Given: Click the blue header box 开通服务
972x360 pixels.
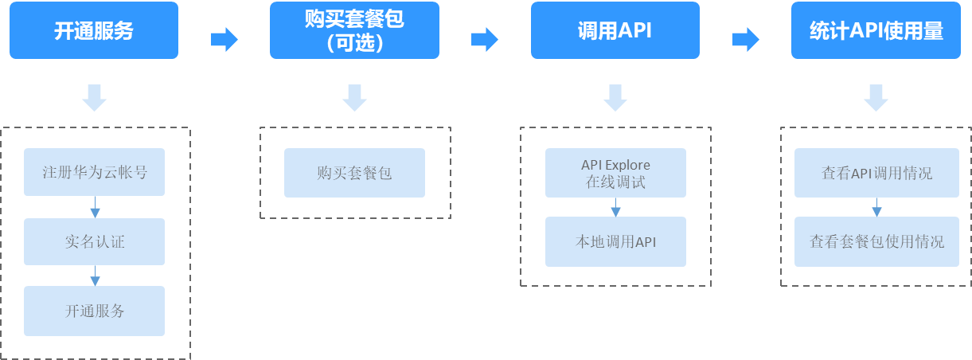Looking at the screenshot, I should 94,31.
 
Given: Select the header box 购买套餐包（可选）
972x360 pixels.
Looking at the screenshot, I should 354,31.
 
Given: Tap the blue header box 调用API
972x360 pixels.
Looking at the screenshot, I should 615,31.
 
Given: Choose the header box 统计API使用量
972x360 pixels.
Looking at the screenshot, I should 876,31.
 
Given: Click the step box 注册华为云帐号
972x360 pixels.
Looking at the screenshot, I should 94,172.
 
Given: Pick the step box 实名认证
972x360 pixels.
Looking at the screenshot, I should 94,241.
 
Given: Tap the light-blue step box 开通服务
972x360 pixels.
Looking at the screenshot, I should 94,311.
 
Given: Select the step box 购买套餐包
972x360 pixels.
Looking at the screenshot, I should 354,172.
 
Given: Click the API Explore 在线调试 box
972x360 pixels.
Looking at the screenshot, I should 615,173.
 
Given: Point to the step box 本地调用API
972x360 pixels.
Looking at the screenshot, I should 615,241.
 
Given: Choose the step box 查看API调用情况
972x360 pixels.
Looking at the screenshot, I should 876,173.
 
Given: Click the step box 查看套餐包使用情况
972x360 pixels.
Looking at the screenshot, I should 876,241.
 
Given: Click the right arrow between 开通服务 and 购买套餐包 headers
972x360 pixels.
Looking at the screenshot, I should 224,39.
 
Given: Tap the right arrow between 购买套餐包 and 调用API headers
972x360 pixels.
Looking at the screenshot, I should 485,39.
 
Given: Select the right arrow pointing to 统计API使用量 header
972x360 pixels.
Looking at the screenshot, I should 745,39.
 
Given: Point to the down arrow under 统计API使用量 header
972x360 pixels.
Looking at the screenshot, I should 876,98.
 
